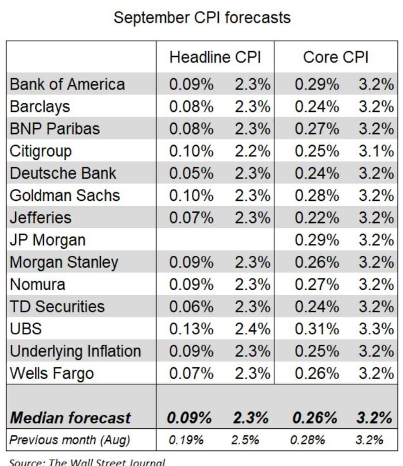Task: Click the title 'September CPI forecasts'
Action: pyautogui.click(x=202, y=18)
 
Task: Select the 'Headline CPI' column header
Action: pyautogui.click(x=215, y=58)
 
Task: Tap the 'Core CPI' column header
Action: pyautogui.click(x=335, y=58)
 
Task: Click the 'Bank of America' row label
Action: pyautogui.click(x=67, y=84)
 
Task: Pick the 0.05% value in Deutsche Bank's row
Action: pyautogui.click(x=191, y=173)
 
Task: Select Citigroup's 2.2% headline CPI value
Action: pyautogui.click(x=252, y=151)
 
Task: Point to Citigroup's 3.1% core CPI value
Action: pyautogui.click(x=376, y=151)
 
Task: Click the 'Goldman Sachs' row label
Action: pyautogui.click(x=64, y=195)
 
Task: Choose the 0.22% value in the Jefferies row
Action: pyautogui.click(x=316, y=218)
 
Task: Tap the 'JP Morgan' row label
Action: pyautogui.click(x=48, y=240)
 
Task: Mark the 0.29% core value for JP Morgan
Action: pyautogui.click(x=316, y=240)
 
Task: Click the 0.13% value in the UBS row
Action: pyautogui.click(x=191, y=329)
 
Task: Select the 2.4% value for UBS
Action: pyautogui.click(x=252, y=329)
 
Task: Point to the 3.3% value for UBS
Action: pyautogui.click(x=376, y=329)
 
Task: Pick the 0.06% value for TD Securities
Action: pyautogui.click(x=191, y=307)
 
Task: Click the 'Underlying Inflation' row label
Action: pyautogui.click(x=75, y=351)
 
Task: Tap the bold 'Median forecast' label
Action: pyautogui.click(x=70, y=418)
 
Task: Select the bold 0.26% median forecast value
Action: pyautogui.click(x=315, y=418)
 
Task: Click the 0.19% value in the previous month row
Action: pyautogui.click(x=186, y=440)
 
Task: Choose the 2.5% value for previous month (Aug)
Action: pyautogui.click(x=245, y=440)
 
